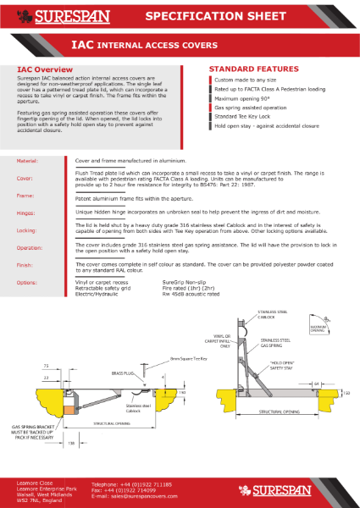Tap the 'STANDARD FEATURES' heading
[x=250, y=69]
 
